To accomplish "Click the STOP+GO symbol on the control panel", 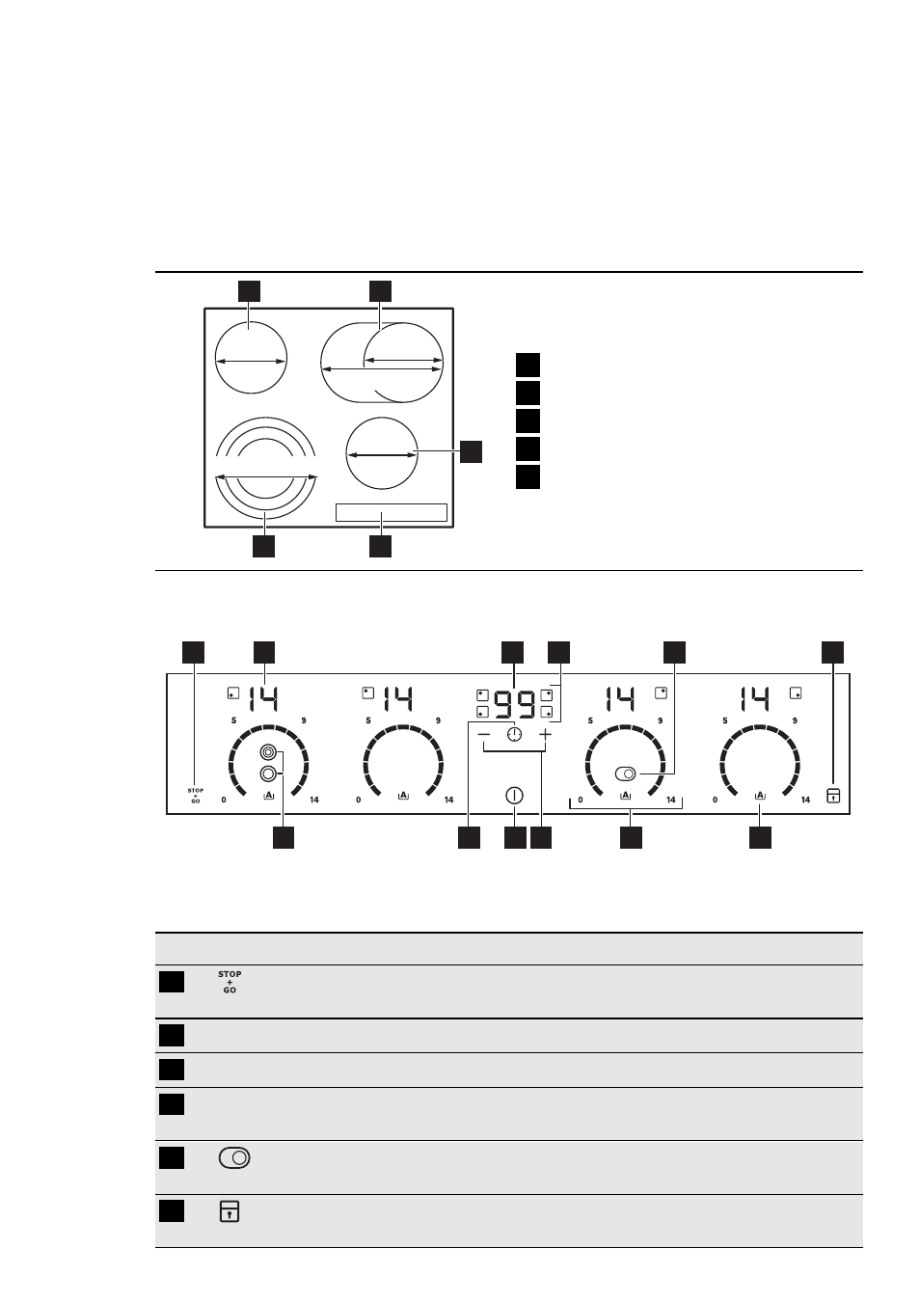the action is point(196,795).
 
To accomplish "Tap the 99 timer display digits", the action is point(514,704).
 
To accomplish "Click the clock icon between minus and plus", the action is point(514,735).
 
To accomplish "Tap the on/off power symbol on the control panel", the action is point(514,795).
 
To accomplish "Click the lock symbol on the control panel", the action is point(833,795).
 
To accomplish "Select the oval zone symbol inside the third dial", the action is point(625,774).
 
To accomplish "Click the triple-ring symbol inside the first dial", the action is point(267,752).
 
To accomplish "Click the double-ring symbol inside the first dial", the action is point(267,774).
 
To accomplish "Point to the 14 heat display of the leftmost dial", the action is point(263,699).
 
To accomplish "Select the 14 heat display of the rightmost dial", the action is point(755,699).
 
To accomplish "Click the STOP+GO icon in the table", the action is point(230,982).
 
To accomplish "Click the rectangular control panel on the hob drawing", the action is point(392,512).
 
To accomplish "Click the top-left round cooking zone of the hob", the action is point(251,358).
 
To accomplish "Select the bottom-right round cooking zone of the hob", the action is point(382,453).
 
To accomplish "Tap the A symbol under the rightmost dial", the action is point(760,795).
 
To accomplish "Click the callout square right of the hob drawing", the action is point(471,451).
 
